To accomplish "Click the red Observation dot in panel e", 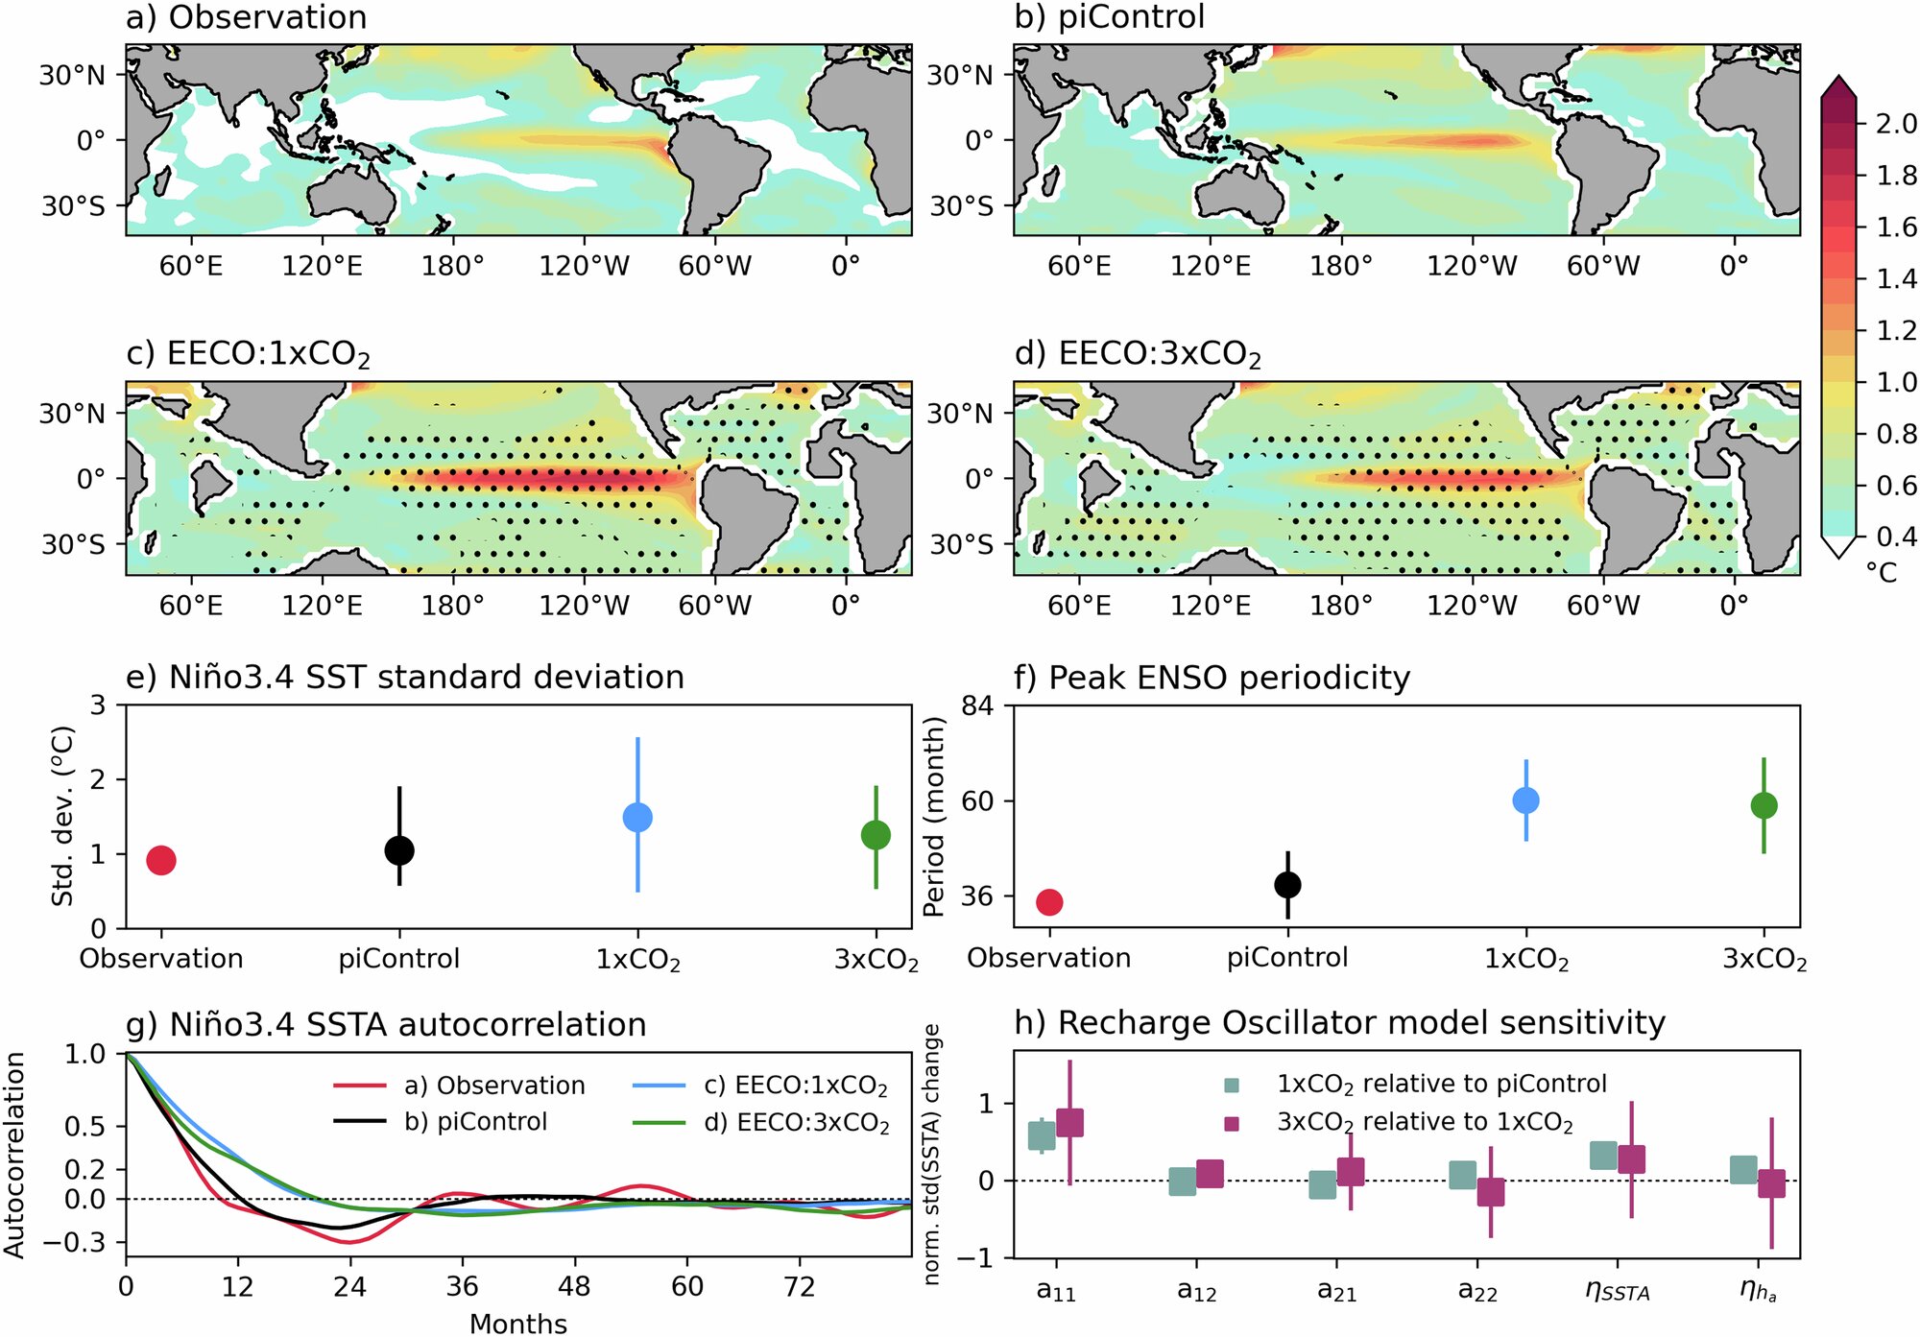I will (161, 860).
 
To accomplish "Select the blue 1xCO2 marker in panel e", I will (637, 817).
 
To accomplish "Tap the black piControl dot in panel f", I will (1287, 884).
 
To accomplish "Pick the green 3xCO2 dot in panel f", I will (1764, 805).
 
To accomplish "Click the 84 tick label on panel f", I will (976, 706).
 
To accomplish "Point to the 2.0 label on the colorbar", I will (1895, 124).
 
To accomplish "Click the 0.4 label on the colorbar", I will (1895, 536).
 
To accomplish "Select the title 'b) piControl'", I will (1109, 17).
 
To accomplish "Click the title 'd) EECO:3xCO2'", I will (1138, 354).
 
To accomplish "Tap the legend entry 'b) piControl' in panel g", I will (475, 1121).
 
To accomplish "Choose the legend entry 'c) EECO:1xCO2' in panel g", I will (795, 1086).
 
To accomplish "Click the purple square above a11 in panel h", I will (1069, 1122).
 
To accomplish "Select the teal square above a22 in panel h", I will (1462, 1174).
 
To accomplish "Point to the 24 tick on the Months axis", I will (349, 1286).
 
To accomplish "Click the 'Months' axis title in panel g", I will (517, 1324).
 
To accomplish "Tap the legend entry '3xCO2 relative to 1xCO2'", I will (1424, 1122).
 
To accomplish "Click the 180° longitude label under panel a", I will (452, 266).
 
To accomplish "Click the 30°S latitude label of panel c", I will (73, 544).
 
